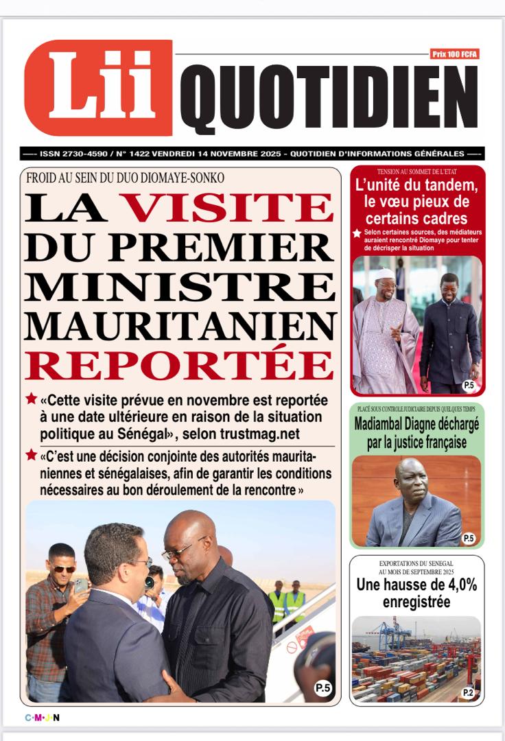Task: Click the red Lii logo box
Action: [x=98, y=88]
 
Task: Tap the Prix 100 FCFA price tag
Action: [x=455, y=54]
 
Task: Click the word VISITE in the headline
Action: [x=227, y=207]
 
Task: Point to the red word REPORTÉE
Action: [x=180, y=365]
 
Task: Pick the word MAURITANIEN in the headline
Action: [x=180, y=326]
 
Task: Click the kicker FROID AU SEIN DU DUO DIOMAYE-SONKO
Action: [x=125, y=178]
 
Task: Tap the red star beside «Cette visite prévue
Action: [x=32, y=399]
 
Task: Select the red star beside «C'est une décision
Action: [x=32, y=454]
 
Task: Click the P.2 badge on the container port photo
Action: [x=468, y=692]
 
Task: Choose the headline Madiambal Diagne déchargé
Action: [x=416, y=433]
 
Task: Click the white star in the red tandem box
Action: [x=357, y=233]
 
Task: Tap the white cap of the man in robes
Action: [x=386, y=274]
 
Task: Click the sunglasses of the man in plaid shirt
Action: [x=64, y=569]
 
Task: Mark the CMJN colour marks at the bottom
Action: [x=43, y=718]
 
